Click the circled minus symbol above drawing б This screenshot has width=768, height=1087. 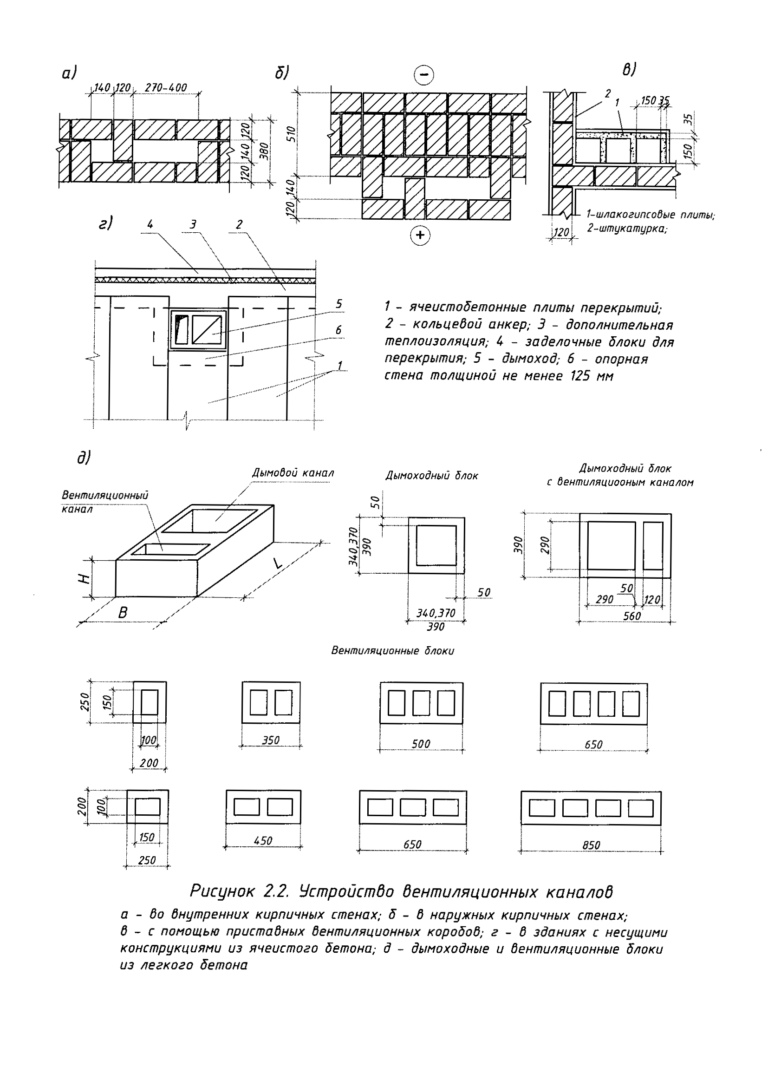click(x=424, y=75)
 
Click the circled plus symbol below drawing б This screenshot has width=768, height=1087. click(x=420, y=235)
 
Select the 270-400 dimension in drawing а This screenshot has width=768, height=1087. click(x=166, y=88)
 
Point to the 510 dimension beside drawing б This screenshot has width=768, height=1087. click(x=292, y=134)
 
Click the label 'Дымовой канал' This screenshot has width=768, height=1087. click(x=293, y=472)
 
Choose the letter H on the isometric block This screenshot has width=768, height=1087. click(x=84, y=578)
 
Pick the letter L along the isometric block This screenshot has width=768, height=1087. click(x=278, y=563)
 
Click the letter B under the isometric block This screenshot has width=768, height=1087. click(x=122, y=613)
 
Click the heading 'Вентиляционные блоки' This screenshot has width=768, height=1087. click(x=392, y=651)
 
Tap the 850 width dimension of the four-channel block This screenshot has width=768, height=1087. click(x=591, y=845)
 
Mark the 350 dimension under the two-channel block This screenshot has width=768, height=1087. click(x=271, y=740)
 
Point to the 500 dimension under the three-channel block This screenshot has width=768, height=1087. click(x=421, y=744)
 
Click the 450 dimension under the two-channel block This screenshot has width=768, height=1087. click(x=263, y=840)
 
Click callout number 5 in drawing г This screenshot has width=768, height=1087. click(x=339, y=304)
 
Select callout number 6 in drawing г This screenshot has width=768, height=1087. click(x=338, y=330)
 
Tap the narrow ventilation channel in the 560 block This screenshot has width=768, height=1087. click(x=653, y=545)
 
